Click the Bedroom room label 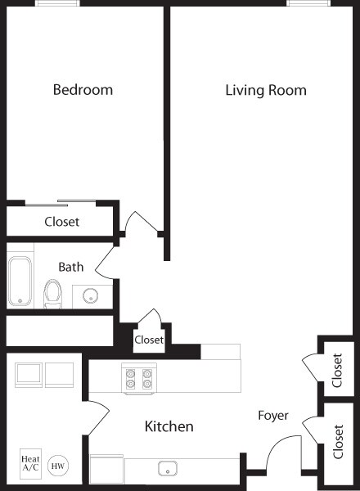(x=83, y=89)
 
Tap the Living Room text (x=265, y=90)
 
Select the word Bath (x=71, y=267)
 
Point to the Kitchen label (x=169, y=426)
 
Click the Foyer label (x=272, y=415)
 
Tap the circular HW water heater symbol (x=58, y=466)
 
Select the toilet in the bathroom (x=53, y=292)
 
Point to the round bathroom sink (x=91, y=295)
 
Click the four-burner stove (x=138, y=378)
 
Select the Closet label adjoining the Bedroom (x=61, y=221)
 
